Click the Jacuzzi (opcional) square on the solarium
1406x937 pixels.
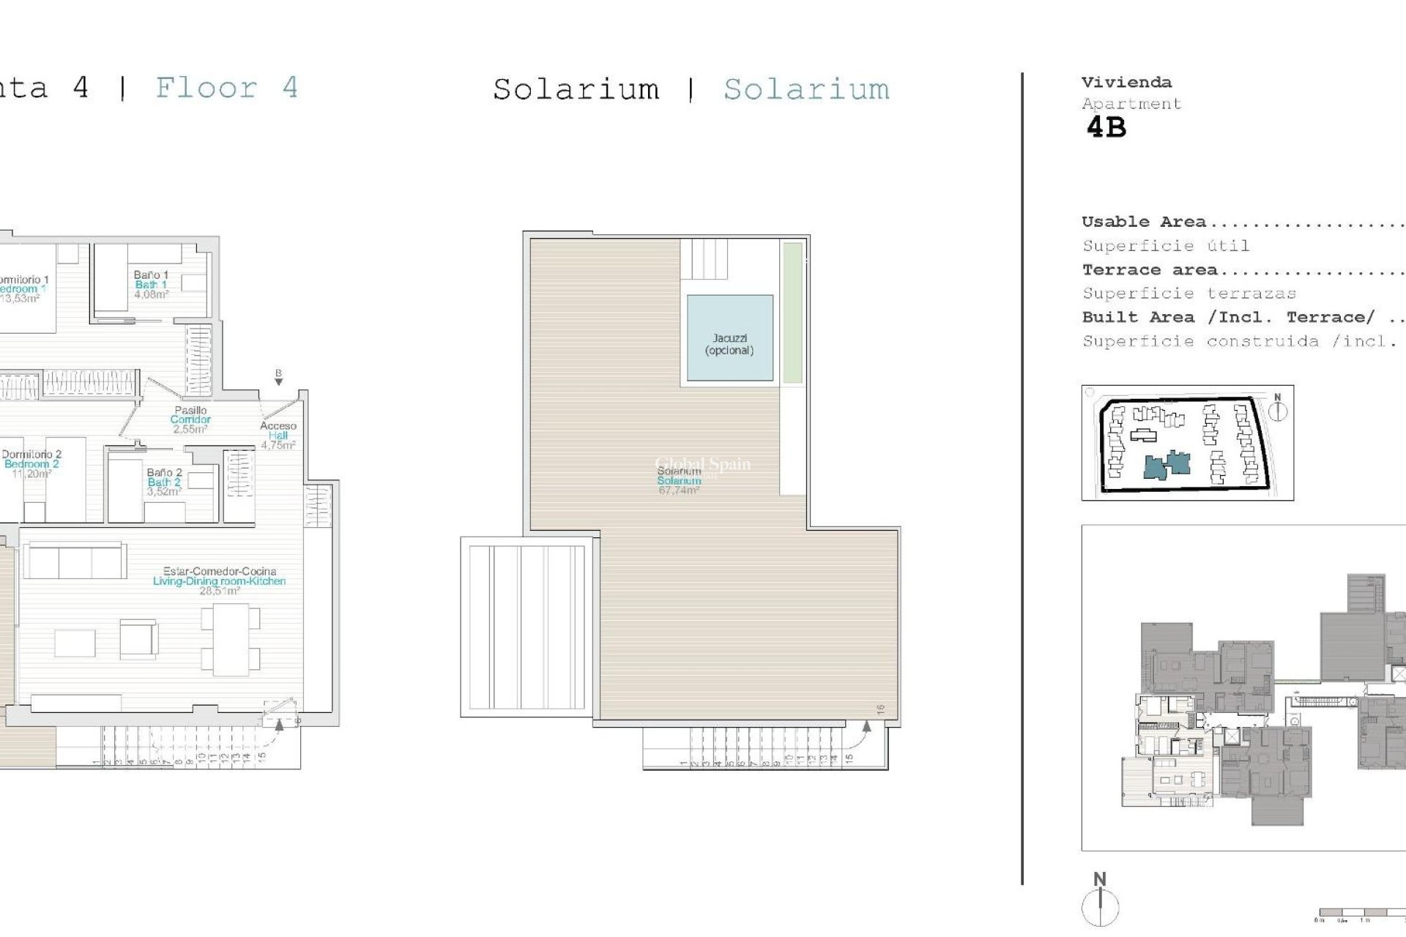coord(729,337)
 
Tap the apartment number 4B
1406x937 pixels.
coord(1106,128)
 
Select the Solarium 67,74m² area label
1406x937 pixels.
coord(679,481)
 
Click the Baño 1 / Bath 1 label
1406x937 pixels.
coord(151,285)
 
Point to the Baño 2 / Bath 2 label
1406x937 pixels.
coord(163,482)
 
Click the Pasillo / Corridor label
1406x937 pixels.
coord(190,419)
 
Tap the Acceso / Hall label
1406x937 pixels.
coord(278,435)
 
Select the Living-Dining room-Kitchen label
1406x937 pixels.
coord(219,581)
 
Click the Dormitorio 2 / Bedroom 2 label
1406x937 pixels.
coord(31,463)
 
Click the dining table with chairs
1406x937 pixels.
coord(231,639)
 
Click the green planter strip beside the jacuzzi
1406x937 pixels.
coord(792,313)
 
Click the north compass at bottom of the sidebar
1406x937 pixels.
coord(1100,902)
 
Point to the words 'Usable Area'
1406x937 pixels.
coord(1143,222)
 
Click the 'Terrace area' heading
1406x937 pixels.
coord(1150,270)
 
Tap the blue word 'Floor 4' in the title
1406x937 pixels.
coord(227,88)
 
